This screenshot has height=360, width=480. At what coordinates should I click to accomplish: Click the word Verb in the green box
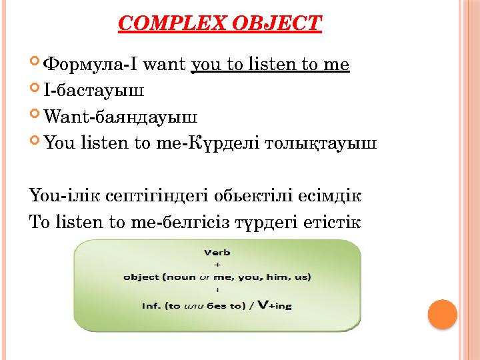pos(217,253)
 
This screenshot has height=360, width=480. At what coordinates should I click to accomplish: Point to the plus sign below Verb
pos(217,264)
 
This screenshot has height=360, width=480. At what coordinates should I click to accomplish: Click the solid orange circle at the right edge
pos(441,314)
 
